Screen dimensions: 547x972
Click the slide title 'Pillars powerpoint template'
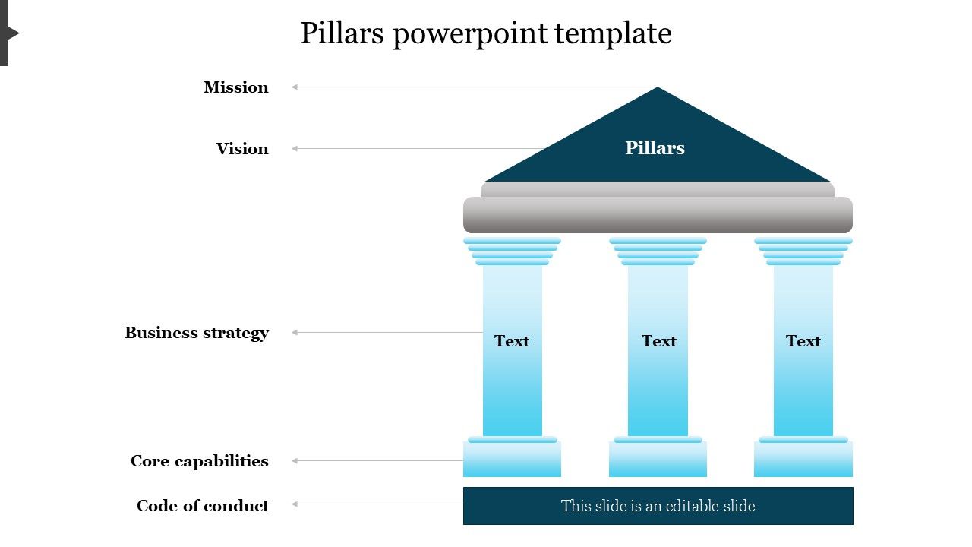(x=486, y=34)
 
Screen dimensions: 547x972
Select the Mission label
(x=236, y=87)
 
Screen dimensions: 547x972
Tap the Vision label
(x=242, y=149)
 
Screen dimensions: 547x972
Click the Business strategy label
(x=197, y=333)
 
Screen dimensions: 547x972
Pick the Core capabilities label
(x=200, y=461)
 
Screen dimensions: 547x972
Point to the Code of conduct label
(x=203, y=506)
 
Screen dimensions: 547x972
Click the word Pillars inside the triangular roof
(x=655, y=148)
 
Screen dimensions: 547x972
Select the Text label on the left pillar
(x=512, y=341)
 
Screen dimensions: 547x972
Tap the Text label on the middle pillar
(x=658, y=341)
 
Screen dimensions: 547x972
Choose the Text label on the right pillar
(x=803, y=341)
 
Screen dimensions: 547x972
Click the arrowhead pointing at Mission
(x=295, y=87)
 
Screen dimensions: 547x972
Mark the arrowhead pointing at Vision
(x=295, y=149)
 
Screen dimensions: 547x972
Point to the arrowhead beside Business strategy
(x=295, y=333)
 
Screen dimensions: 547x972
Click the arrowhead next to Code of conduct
(x=295, y=504)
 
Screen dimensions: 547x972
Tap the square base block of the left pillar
(x=512, y=460)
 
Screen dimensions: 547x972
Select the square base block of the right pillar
(x=803, y=460)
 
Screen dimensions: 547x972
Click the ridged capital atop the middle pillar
(x=658, y=251)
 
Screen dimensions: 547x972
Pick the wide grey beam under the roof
(x=658, y=215)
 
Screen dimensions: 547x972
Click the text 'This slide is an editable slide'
(x=658, y=506)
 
